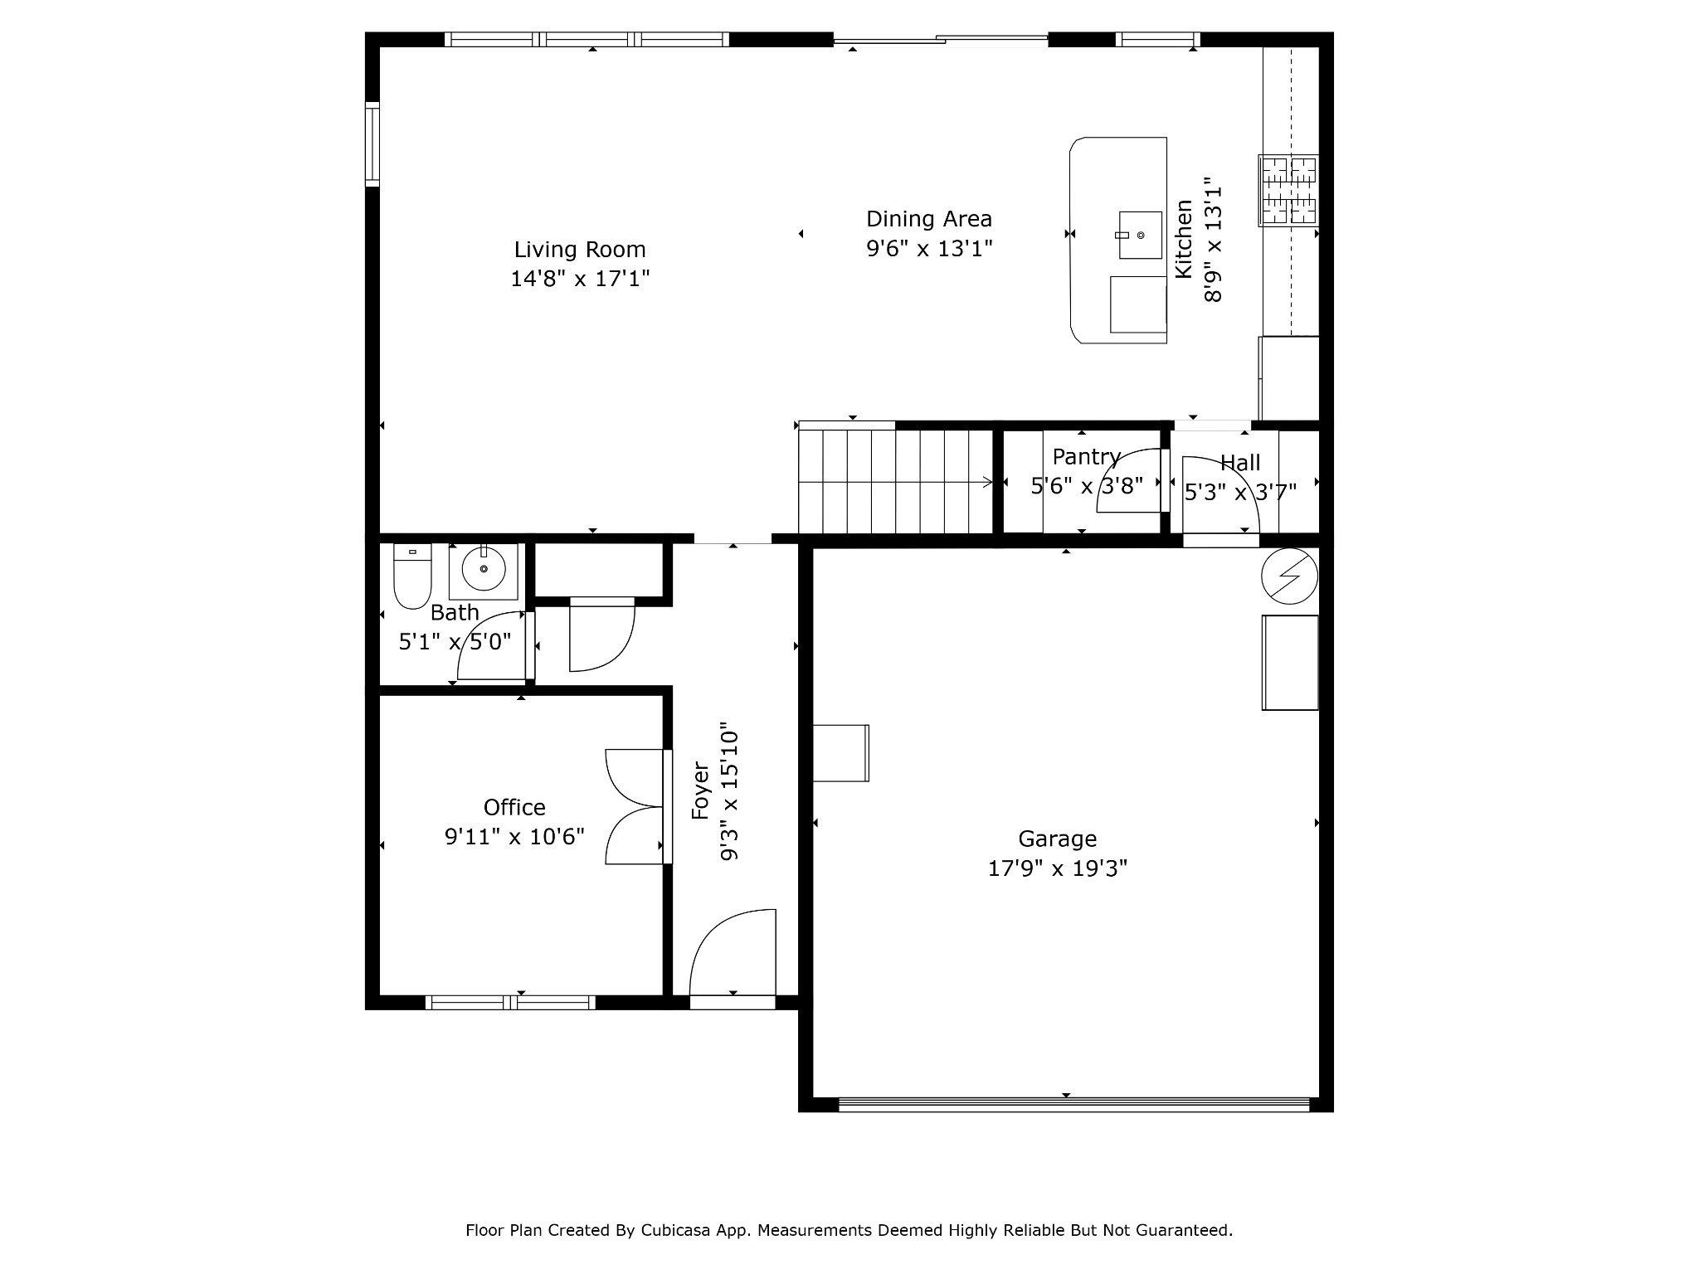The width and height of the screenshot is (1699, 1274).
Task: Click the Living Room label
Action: click(x=580, y=250)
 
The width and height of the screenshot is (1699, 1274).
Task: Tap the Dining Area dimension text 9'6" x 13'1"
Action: click(x=929, y=248)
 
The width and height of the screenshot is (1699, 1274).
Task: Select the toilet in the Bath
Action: click(x=412, y=576)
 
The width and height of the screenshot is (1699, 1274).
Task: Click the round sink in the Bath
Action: click(x=484, y=570)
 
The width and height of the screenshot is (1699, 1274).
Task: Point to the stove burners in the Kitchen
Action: click(x=1288, y=190)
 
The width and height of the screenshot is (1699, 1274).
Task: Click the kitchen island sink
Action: click(x=1140, y=236)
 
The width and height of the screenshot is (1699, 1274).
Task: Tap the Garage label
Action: click(x=1058, y=839)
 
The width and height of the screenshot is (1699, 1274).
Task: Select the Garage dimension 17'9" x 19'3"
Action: click(x=1058, y=868)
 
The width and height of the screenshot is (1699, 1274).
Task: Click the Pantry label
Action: click(x=1087, y=456)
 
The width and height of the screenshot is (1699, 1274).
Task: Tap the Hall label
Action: click(x=1240, y=463)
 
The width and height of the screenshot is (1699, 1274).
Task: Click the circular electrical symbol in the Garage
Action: click(x=1289, y=576)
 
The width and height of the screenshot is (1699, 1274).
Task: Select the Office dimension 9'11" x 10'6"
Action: click(x=514, y=836)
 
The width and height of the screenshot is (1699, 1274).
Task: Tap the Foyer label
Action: click(x=701, y=791)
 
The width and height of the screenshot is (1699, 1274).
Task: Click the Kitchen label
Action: click(x=1184, y=239)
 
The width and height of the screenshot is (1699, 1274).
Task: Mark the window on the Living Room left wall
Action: click(x=372, y=144)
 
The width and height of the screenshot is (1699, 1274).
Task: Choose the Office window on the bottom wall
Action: click(x=510, y=1003)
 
